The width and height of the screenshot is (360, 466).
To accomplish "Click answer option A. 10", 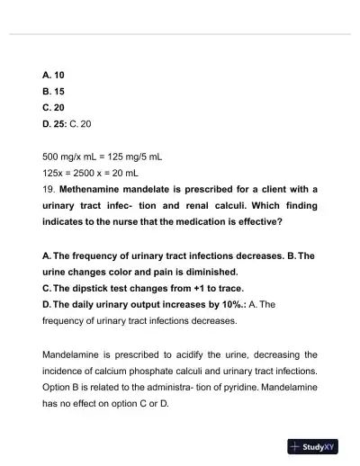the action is click(x=53, y=75).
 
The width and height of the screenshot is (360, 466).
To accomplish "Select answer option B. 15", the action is click(x=53, y=91).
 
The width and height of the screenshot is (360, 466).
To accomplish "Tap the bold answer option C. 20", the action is click(x=53, y=107).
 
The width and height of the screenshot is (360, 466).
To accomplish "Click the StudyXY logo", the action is click(x=313, y=446).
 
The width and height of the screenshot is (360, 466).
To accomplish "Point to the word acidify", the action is click(x=190, y=354).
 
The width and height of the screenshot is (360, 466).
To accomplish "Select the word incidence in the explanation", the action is click(x=67, y=371).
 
